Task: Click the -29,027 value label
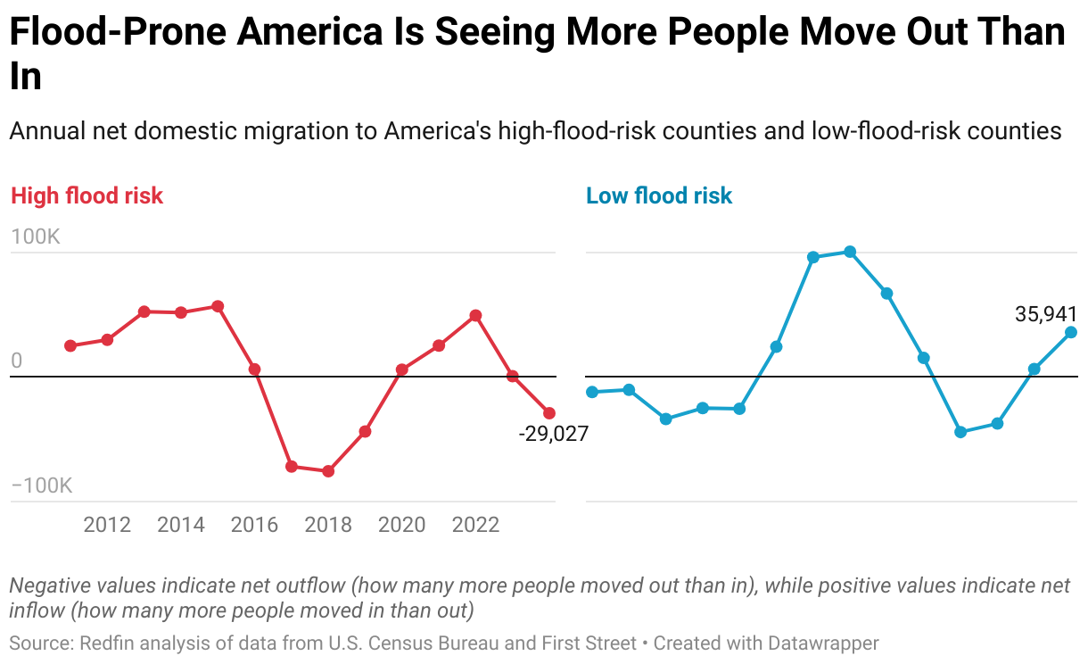pyautogui.click(x=553, y=435)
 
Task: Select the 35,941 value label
pyautogui.click(x=1045, y=314)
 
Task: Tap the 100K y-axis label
pyautogui.click(x=35, y=237)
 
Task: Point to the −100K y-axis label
pyautogui.click(x=41, y=486)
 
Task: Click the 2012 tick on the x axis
pyautogui.click(x=107, y=525)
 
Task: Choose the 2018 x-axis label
pyautogui.click(x=328, y=525)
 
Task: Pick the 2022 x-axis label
pyautogui.click(x=475, y=525)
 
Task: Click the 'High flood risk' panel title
pyautogui.click(x=87, y=195)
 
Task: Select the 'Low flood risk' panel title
pyautogui.click(x=659, y=195)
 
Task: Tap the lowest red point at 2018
pyautogui.click(x=328, y=471)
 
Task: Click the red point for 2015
pyautogui.click(x=218, y=306)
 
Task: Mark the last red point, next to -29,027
pyautogui.click(x=549, y=413)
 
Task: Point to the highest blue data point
pyautogui.click(x=850, y=252)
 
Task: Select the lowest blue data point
pyautogui.click(x=960, y=432)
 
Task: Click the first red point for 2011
pyautogui.click(x=70, y=345)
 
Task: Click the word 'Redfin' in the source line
pyautogui.click(x=110, y=643)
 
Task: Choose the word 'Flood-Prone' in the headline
pyautogui.click(x=120, y=34)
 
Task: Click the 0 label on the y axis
pyautogui.click(x=16, y=361)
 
